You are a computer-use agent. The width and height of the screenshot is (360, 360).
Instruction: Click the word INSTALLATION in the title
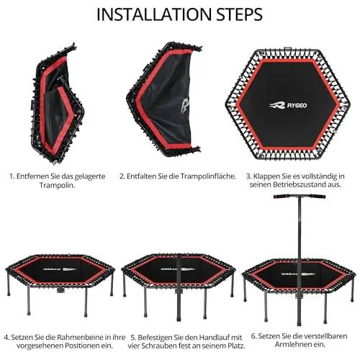(x=154, y=14)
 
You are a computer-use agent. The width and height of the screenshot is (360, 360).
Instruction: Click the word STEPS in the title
(x=240, y=14)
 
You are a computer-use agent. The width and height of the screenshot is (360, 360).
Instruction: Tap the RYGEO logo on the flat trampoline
(x=288, y=105)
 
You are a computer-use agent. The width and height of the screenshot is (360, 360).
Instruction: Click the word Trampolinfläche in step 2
(x=208, y=176)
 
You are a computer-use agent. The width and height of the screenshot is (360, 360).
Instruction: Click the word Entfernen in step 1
(x=32, y=176)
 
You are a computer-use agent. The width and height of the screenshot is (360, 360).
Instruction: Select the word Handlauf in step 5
(x=215, y=337)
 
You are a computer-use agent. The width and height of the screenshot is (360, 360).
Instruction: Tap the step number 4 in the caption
(x=6, y=338)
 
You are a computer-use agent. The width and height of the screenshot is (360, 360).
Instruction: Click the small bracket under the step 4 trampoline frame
(x=60, y=289)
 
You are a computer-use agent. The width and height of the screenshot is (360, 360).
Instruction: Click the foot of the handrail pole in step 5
(x=179, y=319)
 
